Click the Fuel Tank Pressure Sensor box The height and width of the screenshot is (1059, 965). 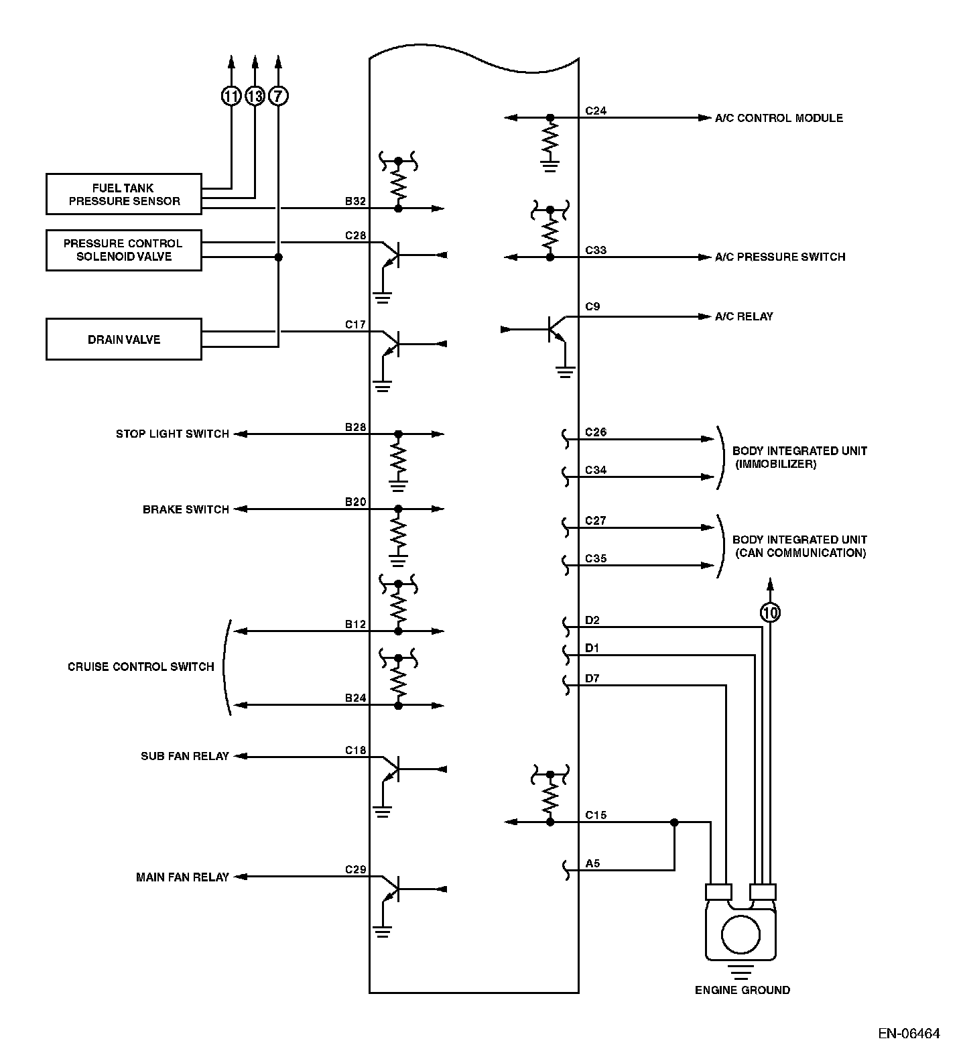point(124,194)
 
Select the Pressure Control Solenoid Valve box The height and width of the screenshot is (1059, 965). point(124,250)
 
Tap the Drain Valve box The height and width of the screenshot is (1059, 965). point(124,339)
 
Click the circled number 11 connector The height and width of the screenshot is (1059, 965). point(231,97)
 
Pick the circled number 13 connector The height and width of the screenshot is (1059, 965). point(255,97)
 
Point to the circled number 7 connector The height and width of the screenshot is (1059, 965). point(279,97)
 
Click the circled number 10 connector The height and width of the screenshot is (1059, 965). point(771,612)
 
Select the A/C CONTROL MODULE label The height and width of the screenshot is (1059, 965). point(779,118)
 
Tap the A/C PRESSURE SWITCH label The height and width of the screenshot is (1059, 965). point(780,257)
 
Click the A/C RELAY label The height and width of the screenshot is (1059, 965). point(744,316)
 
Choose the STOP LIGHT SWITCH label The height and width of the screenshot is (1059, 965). point(172,434)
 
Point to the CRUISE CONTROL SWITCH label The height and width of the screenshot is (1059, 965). point(141,667)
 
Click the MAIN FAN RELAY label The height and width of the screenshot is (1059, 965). point(182,877)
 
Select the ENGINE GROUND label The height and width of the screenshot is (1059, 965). point(742,990)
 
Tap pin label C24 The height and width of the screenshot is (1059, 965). point(596,111)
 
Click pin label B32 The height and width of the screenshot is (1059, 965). point(355,201)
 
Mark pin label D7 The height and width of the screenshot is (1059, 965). point(592,678)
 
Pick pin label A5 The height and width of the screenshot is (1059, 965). point(592,863)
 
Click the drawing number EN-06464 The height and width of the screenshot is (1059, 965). point(909,1034)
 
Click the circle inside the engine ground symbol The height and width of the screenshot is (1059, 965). point(741,934)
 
